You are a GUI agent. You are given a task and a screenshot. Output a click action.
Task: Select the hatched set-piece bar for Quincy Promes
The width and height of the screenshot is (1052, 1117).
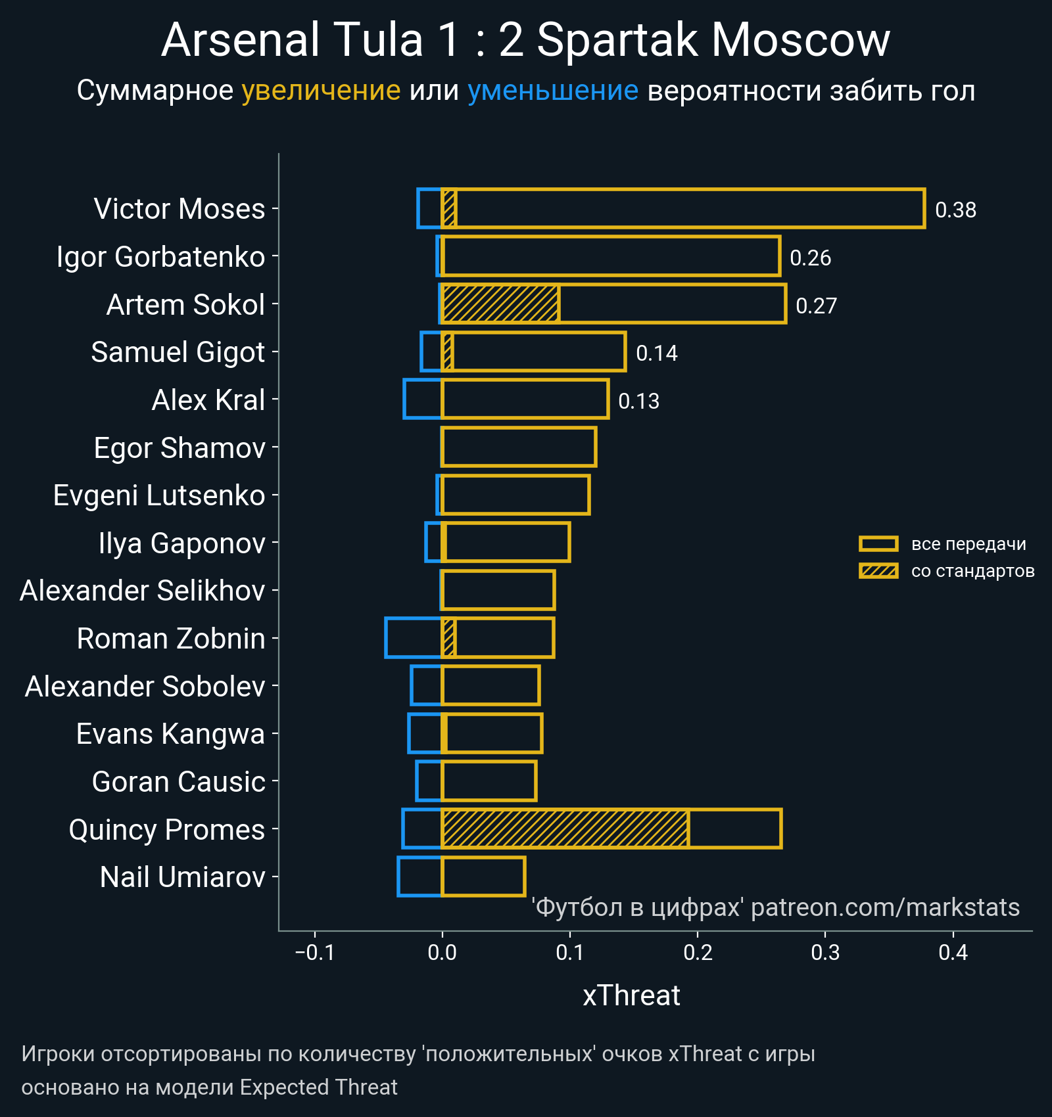(x=565, y=829)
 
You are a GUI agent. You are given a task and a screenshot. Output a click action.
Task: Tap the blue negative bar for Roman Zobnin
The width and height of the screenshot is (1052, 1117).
(x=413, y=637)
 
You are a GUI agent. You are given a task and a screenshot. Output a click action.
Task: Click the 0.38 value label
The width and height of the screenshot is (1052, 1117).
(x=955, y=210)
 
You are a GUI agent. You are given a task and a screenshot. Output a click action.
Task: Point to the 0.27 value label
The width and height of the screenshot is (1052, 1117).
(x=816, y=306)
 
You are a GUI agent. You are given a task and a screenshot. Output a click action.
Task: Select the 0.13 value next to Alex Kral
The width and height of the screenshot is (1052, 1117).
(x=638, y=401)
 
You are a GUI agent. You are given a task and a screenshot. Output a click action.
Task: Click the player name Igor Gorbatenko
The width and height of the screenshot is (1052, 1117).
(x=160, y=257)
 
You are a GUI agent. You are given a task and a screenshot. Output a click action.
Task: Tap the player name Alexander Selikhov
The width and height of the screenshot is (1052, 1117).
(x=142, y=591)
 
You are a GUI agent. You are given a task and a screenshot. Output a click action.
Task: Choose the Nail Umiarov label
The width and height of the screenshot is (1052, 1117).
(x=182, y=877)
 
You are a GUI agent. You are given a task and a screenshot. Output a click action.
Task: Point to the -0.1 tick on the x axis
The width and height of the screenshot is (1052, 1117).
(x=315, y=953)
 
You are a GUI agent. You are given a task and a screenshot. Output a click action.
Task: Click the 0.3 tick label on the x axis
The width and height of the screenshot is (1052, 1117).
(x=825, y=953)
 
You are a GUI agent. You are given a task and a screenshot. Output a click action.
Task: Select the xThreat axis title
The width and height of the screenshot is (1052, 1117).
(x=631, y=995)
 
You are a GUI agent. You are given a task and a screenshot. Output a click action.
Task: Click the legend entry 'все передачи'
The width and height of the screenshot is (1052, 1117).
(x=968, y=544)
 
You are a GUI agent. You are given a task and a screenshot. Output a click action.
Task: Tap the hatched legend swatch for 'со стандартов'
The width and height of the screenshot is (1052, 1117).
(x=878, y=571)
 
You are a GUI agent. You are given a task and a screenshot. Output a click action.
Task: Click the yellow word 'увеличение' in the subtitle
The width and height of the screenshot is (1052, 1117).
(x=321, y=91)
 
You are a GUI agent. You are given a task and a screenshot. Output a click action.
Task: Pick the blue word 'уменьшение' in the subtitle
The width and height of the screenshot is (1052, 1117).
(x=552, y=91)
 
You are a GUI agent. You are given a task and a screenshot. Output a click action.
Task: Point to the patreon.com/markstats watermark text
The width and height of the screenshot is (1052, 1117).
(x=885, y=907)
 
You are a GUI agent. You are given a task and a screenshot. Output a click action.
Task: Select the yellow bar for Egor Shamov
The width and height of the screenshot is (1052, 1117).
(x=519, y=447)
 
